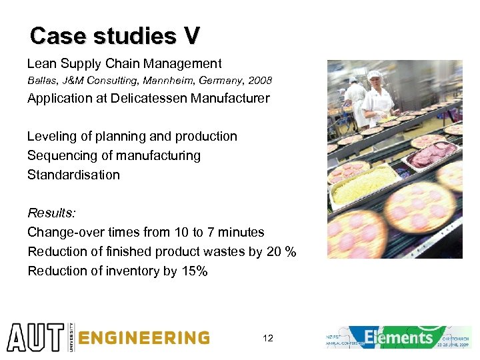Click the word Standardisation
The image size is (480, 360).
tap(73, 175)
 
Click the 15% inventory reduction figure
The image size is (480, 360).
tap(194, 271)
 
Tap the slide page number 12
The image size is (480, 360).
tap(268, 339)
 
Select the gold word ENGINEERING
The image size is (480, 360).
tap(144, 338)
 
